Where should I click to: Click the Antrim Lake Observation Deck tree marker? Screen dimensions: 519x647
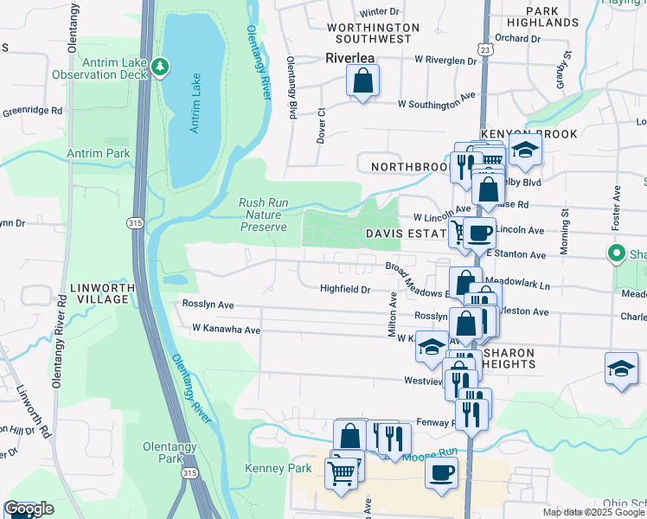coord(159,67)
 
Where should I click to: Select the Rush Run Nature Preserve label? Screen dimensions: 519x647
coord(263,215)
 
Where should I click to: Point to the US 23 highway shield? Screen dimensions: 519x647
coord(488,50)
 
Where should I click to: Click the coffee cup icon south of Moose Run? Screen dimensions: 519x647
coord(442,475)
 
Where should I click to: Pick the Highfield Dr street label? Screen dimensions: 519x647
coord(345,289)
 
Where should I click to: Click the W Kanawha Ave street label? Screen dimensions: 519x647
coord(227,330)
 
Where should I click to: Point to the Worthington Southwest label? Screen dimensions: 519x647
coord(373,33)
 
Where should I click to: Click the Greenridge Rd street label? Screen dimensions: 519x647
coord(32,111)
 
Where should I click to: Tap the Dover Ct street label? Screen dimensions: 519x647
coord(320,125)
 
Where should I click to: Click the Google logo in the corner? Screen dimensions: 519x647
coord(29,509)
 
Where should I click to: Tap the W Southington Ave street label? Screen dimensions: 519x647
coord(437,104)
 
